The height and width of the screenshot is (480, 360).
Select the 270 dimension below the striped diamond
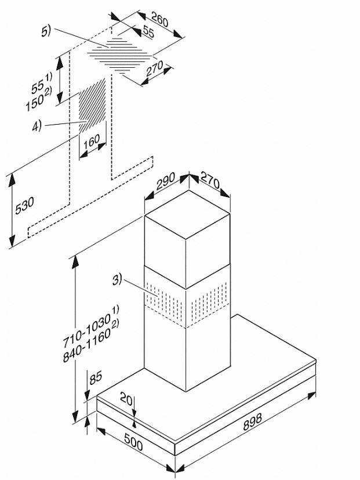coord(154,70)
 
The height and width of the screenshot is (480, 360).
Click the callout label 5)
coord(47,32)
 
